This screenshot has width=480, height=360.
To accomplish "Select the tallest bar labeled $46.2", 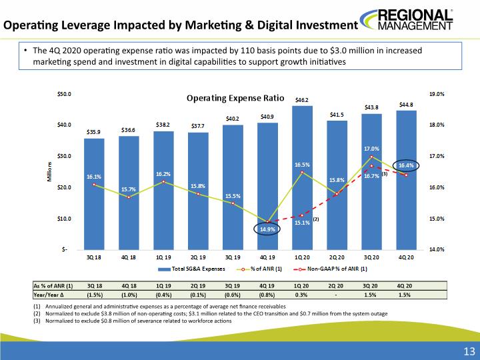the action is pyautogui.click(x=302, y=178).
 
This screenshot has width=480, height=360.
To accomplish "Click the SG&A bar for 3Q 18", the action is pyautogui.click(x=94, y=194).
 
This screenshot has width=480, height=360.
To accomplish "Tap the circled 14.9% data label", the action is pyautogui.click(x=267, y=229).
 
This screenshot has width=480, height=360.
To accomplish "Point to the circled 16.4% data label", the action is pyautogui.click(x=406, y=165).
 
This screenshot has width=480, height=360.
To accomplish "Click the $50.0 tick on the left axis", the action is pyautogui.click(x=64, y=94).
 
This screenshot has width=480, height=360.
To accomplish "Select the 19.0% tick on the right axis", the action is pyautogui.click(x=437, y=94).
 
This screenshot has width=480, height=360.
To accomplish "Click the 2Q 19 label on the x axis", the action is pyautogui.click(x=198, y=258).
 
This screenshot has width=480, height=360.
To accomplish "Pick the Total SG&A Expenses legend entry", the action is pyautogui.click(x=191, y=269).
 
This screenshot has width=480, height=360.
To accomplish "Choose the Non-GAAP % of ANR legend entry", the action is pyautogui.click(x=330, y=269).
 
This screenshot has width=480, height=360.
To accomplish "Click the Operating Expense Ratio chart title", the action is pyautogui.click(x=235, y=98).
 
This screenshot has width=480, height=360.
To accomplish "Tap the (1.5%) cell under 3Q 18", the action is pyautogui.click(x=95, y=295).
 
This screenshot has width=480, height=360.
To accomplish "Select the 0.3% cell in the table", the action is pyautogui.click(x=301, y=295).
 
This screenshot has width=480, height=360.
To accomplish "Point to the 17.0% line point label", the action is pyautogui.click(x=371, y=149).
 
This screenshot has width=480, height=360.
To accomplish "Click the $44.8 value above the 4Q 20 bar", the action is pyautogui.click(x=406, y=105).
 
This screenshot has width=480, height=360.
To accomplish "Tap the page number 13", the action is pyautogui.click(x=469, y=351).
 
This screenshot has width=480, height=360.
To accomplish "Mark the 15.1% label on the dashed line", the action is pyautogui.click(x=302, y=223).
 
